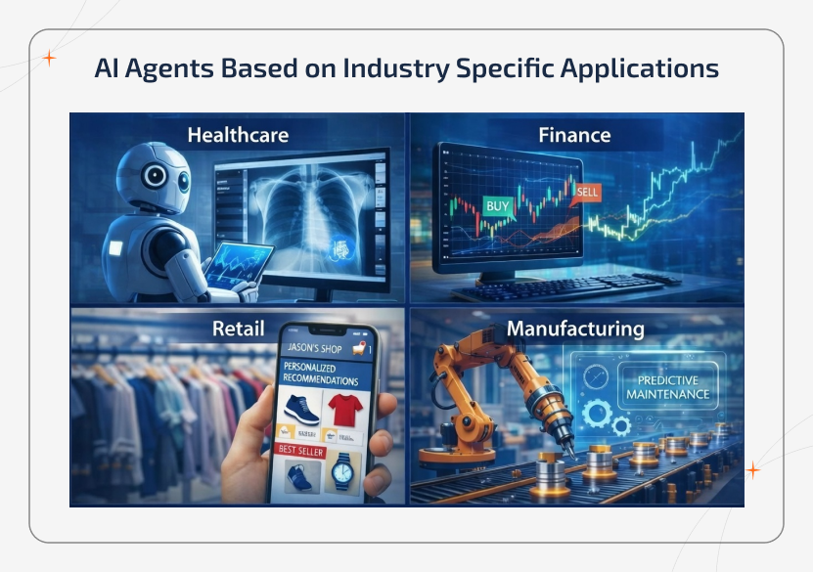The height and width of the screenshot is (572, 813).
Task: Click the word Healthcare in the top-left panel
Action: coord(238,135)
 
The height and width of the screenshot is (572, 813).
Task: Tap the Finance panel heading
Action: coord(574,135)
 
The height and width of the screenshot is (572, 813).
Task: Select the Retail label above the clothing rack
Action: coord(238,329)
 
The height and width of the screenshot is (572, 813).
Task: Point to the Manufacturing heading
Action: coord(575,329)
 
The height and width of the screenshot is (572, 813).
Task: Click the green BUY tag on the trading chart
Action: coord(499,206)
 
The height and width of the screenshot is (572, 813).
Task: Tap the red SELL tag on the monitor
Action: coord(589,192)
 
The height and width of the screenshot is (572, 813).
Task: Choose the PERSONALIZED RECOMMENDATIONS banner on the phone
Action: coord(320,374)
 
